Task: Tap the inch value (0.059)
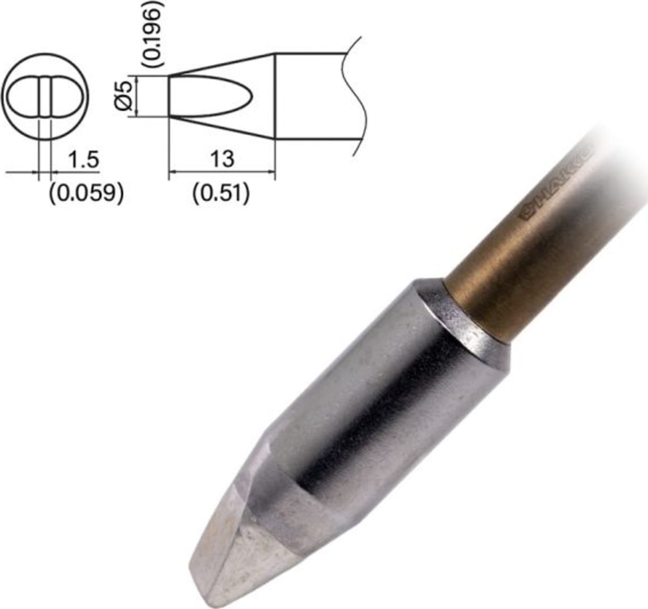(86, 194)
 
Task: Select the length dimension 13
(222, 158)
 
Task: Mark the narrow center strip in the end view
(45, 97)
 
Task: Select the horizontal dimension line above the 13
(222, 172)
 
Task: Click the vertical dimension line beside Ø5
(137, 96)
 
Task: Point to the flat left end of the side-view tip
(169, 96)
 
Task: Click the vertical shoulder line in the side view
(275, 96)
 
